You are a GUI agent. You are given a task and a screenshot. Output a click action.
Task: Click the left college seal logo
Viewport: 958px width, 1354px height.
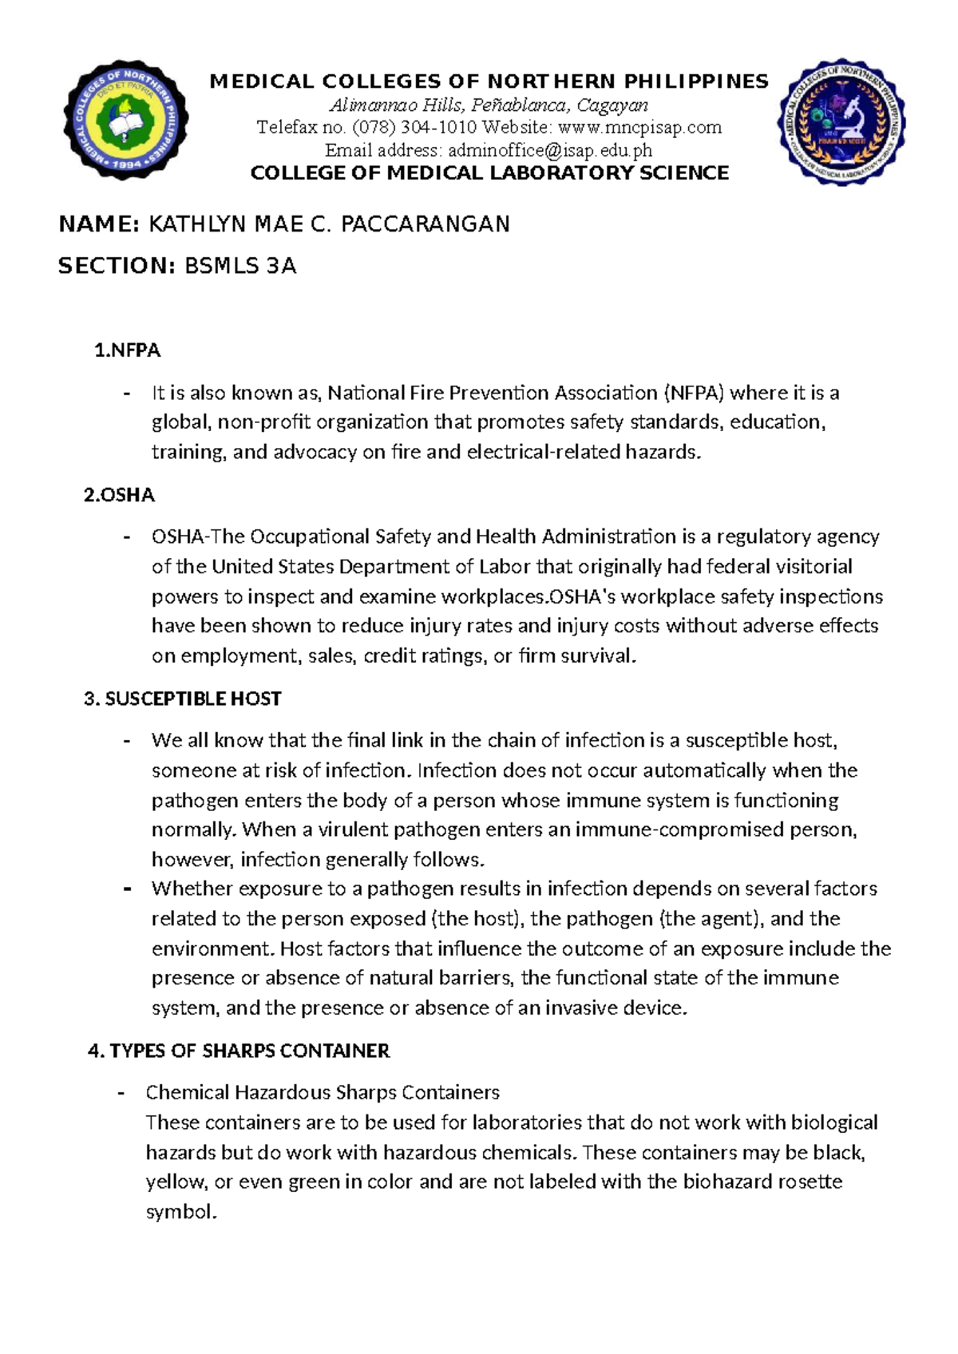(125, 120)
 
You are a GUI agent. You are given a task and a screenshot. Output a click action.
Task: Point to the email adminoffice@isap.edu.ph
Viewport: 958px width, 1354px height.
(550, 150)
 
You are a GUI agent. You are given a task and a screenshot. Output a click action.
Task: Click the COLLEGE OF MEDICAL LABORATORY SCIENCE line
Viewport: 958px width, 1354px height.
(489, 173)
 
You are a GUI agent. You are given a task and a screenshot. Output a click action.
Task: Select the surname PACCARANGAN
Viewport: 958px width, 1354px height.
(426, 224)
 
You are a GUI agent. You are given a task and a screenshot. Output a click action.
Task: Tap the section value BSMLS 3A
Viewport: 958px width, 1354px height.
(240, 266)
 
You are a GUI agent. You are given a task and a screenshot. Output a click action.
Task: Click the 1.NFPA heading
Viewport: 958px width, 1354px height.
(128, 350)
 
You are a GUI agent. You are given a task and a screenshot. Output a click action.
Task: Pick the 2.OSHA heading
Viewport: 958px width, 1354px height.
(119, 495)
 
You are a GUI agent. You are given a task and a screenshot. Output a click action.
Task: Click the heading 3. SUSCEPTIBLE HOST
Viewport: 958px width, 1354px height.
(182, 699)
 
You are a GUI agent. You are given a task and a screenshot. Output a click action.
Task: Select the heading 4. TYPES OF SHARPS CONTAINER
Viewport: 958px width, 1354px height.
(239, 1051)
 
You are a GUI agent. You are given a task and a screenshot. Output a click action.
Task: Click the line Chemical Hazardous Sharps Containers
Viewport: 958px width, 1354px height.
(323, 1092)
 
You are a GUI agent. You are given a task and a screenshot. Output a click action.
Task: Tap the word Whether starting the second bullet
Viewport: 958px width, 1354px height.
(192, 889)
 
